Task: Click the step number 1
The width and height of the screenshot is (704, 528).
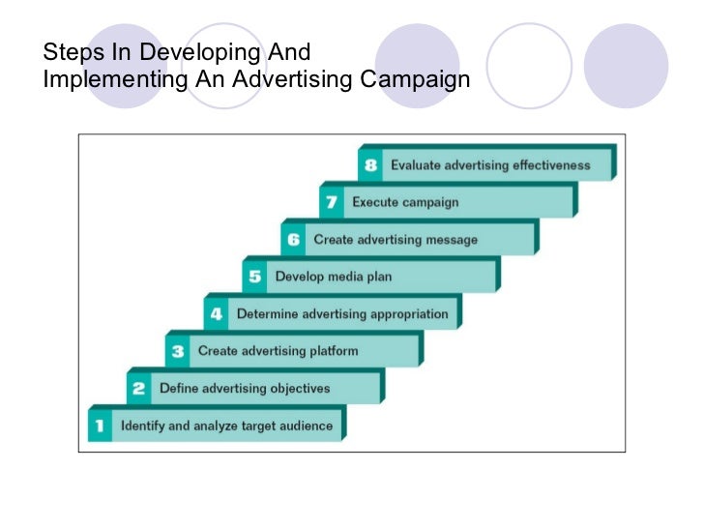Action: (99, 425)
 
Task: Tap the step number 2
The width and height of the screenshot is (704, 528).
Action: (138, 389)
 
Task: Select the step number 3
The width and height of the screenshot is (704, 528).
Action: (177, 352)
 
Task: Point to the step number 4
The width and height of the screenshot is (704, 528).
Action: (217, 314)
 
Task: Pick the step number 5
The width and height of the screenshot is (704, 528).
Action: (255, 277)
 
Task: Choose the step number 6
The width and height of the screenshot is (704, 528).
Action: (294, 240)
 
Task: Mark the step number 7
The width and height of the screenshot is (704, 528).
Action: (331, 203)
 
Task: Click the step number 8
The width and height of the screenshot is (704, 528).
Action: (370, 165)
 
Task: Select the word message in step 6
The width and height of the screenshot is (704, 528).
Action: (450, 240)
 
